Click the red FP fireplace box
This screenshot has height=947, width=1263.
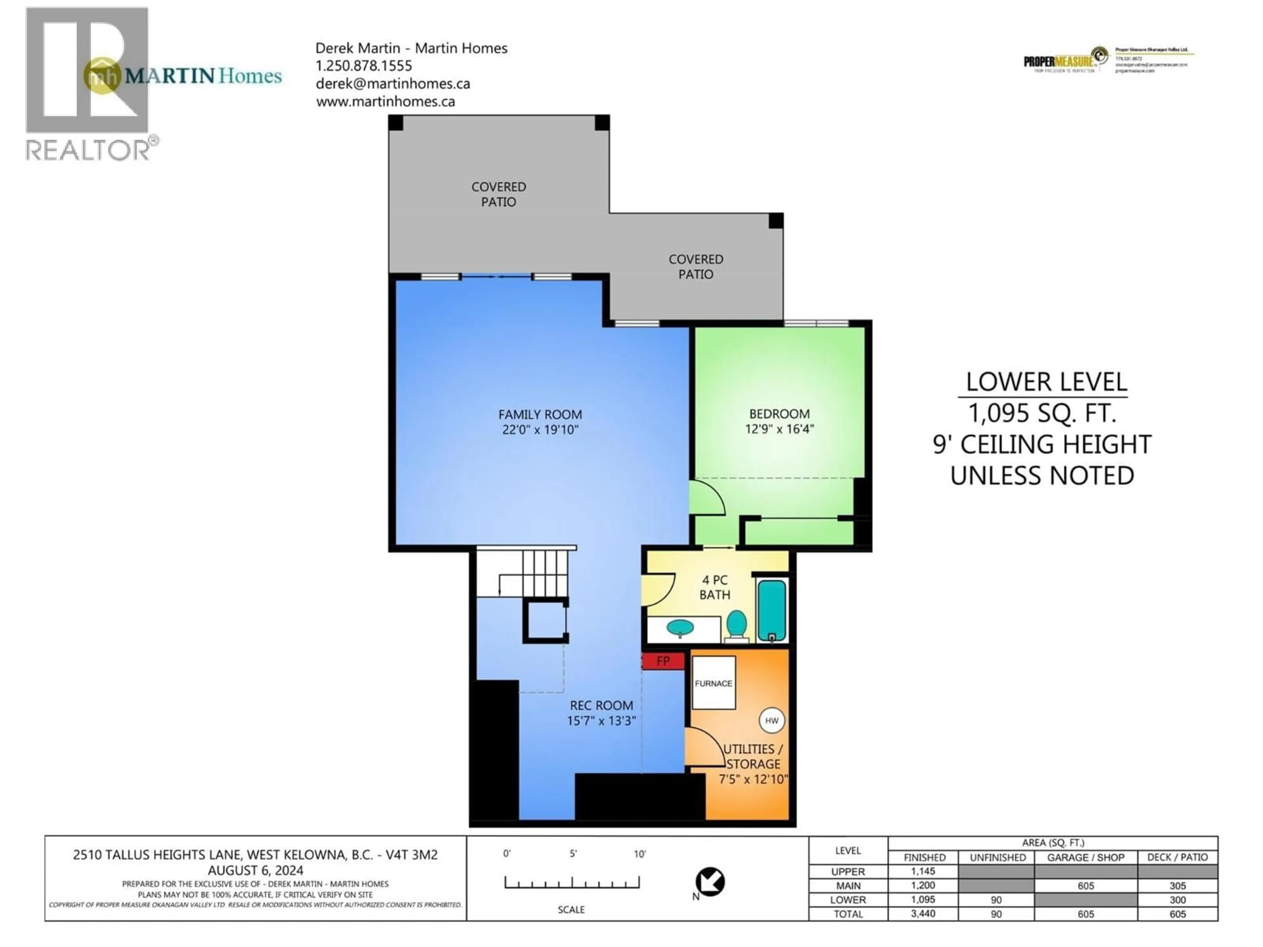pyautogui.click(x=662, y=661)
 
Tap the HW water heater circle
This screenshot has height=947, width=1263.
pyautogui.click(x=771, y=720)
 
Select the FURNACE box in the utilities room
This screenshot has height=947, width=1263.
pyautogui.click(x=713, y=683)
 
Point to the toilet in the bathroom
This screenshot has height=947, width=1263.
pyautogui.click(x=736, y=624)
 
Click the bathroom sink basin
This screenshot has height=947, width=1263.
pyautogui.click(x=681, y=628)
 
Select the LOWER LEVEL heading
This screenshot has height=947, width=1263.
pyautogui.click(x=1046, y=382)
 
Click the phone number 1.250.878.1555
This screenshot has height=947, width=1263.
pyautogui.click(x=364, y=66)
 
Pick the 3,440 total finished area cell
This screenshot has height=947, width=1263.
pyautogui.click(x=923, y=914)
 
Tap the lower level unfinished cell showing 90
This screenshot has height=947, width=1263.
pyautogui.click(x=996, y=900)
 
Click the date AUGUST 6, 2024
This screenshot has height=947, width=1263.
pyautogui.click(x=255, y=870)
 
